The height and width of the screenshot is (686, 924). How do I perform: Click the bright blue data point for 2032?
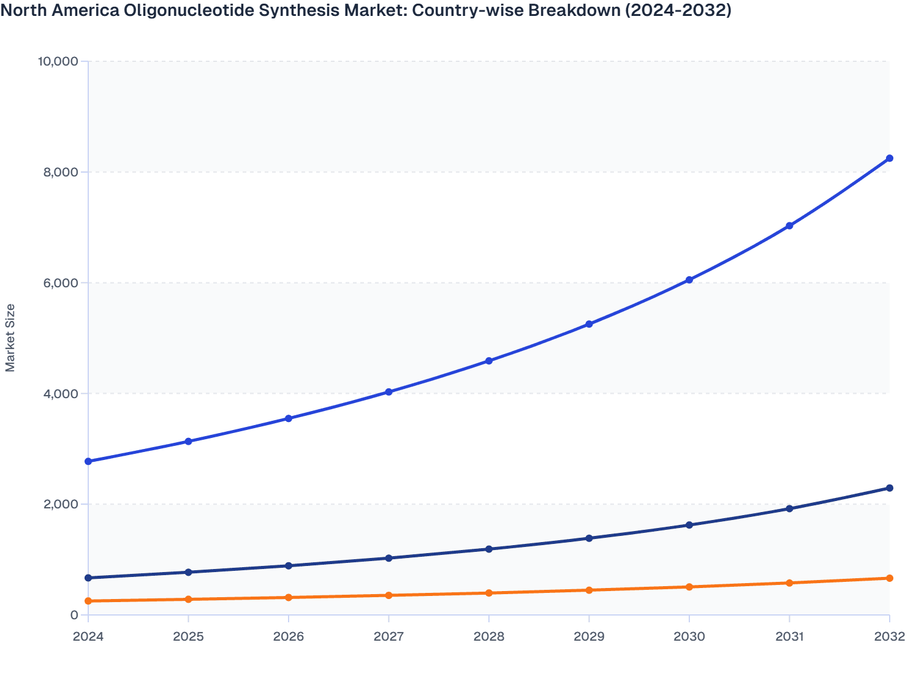pyautogui.click(x=889, y=158)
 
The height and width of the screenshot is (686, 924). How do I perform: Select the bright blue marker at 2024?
pyautogui.click(x=88, y=461)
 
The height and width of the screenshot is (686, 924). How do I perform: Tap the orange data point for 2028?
pyautogui.click(x=489, y=593)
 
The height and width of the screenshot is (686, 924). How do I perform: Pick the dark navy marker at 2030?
pyautogui.click(x=689, y=525)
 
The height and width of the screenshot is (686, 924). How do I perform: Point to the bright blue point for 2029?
pyautogui.click(x=589, y=324)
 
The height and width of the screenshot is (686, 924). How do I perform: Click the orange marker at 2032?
pyautogui.click(x=889, y=578)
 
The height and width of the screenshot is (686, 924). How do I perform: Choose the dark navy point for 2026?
pyautogui.click(x=289, y=565)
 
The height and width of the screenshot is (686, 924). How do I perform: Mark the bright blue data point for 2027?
pyautogui.click(x=388, y=392)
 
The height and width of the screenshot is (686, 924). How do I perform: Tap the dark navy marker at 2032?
pyautogui.click(x=889, y=488)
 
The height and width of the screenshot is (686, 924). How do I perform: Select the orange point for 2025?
pyautogui.click(x=189, y=599)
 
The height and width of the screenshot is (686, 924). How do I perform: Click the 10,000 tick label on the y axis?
pyautogui.click(x=58, y=61)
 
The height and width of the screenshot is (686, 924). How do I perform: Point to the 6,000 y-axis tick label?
pyautogui.click(x=61, y=283)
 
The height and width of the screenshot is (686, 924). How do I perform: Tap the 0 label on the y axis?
pyautogui.click(x=74, y=615)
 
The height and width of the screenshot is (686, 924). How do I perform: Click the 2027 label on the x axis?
pyautogui.click(x=388, y=636)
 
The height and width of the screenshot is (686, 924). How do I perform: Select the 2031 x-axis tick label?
pyautogui.click(x=789, y=636)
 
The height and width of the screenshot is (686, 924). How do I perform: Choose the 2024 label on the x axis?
pyautogui.click(x=88, y=636)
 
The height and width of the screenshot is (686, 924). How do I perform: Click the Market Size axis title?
pyautogui.click(x=10, y=337)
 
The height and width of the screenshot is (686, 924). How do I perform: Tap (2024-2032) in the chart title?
pyautogui.click(x=678, y=10)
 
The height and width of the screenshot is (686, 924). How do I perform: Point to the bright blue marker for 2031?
pyautogui.click(x=789, y=226)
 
